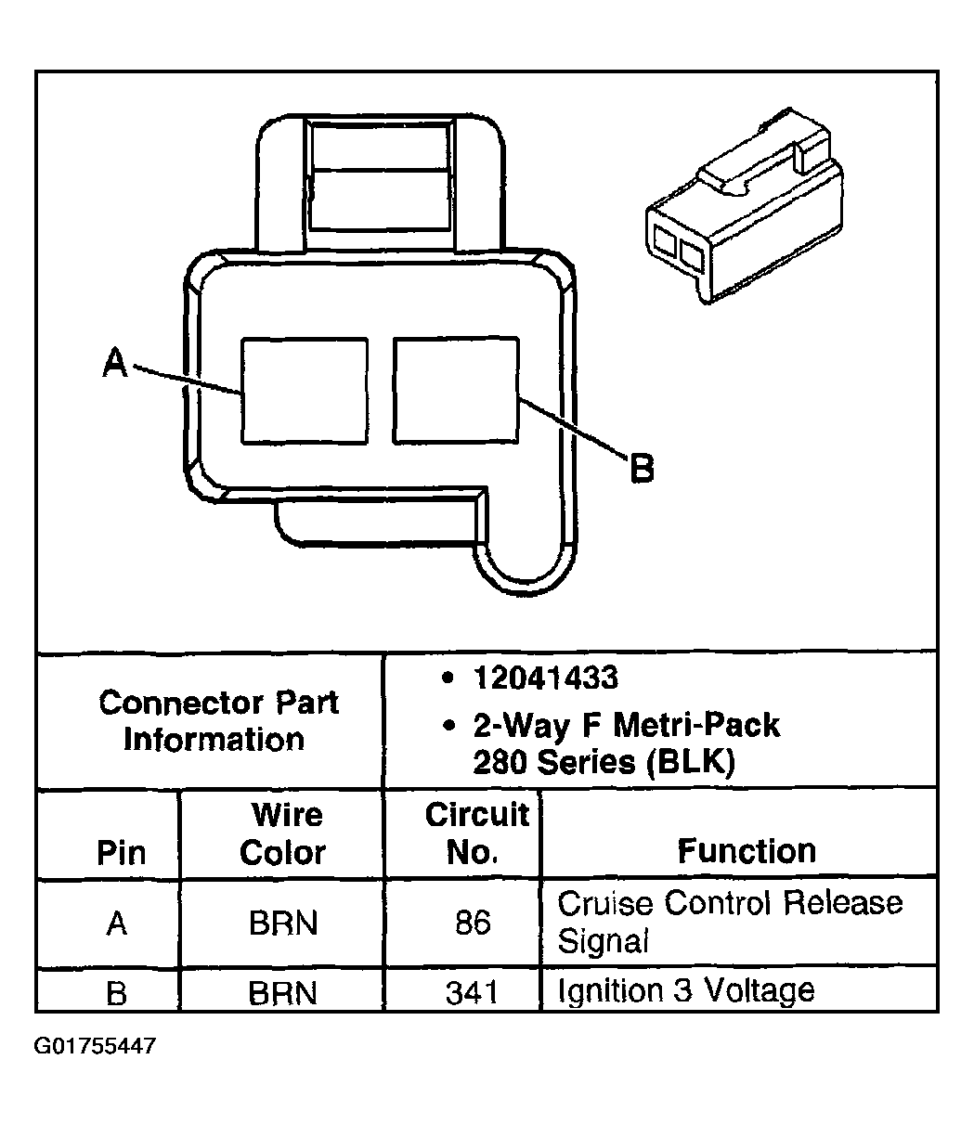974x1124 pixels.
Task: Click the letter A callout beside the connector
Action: point(114,363)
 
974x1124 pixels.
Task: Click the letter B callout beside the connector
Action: point(641,468)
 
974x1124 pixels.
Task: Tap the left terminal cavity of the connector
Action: point(304,390)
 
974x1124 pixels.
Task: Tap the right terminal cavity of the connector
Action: point(456,390)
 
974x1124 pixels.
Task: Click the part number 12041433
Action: point(544,678)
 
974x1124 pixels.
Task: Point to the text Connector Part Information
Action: point(218,720)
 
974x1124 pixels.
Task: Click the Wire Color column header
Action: point(282,833)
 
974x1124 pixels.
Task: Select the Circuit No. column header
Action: point(476,833)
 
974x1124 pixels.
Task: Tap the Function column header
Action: point(746,850)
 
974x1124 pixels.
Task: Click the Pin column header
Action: point(122,853)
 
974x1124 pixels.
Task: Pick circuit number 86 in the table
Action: point(473,924)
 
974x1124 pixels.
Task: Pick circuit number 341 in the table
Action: point(472,993)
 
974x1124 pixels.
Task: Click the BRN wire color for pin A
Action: point(282,924)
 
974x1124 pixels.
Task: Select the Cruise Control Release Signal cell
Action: point(729,922)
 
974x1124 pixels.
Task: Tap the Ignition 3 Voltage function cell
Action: point(685,990)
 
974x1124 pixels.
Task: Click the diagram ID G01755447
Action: point(95,1046)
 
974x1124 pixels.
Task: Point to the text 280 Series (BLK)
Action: point(604,762)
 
